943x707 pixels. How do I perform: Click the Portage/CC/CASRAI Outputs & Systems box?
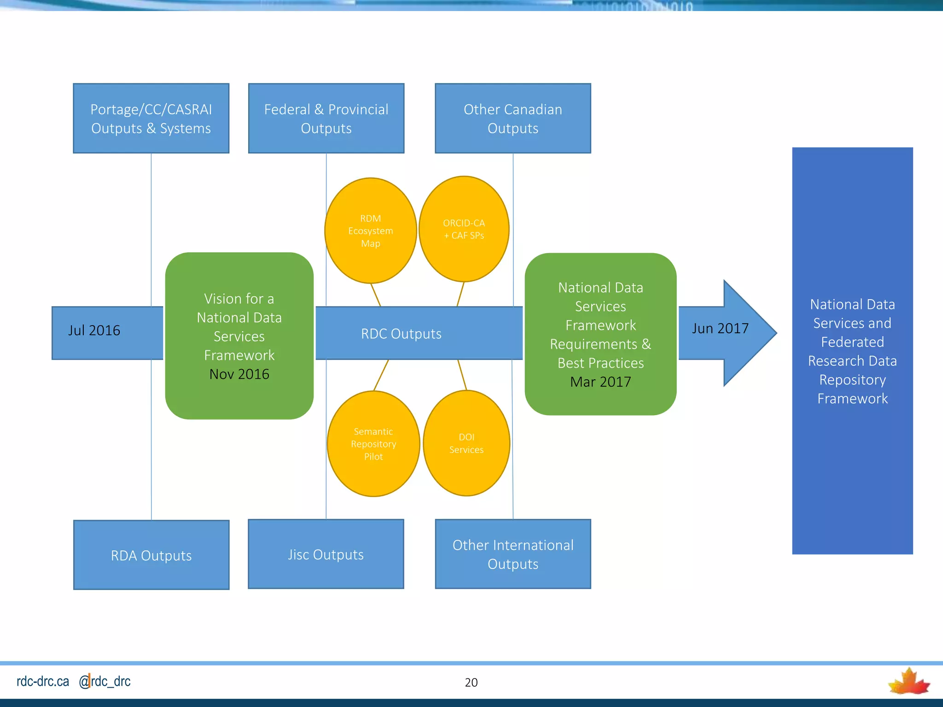coord(151,118)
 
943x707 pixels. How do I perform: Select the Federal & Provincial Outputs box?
coord(326,118)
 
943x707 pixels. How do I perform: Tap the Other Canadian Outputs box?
coord(512,118)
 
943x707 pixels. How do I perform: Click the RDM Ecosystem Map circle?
coord(371,231)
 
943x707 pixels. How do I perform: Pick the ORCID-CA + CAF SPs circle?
coord(464,229)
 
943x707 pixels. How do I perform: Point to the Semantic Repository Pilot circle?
coord(373,444)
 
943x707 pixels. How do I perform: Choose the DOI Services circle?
coord(466,443)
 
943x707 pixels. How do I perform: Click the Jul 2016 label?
coord(94,330)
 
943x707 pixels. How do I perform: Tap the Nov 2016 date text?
coord(239,374)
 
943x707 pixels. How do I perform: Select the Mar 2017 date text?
coord(600,382)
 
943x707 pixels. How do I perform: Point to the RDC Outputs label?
coord(401,334)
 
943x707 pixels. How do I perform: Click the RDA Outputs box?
coord(151,555)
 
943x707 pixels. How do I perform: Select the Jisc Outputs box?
coord(326,554)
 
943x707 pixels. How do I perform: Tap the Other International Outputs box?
coord(512,554)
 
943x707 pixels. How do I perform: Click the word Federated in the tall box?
coord(852,342)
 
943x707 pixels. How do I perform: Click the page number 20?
coord(471,682)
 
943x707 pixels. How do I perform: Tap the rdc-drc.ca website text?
coord(43,681)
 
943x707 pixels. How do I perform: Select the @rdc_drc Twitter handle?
coord(105,681)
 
